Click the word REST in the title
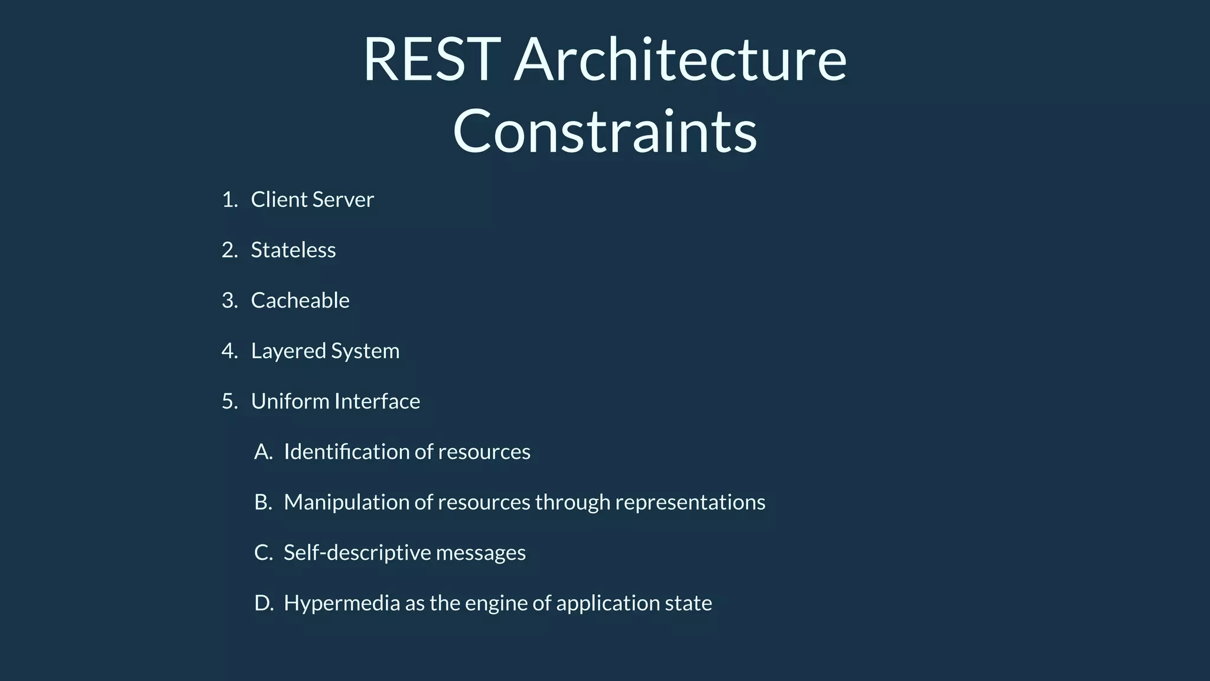coord(432,60)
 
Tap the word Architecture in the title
coord(680,60)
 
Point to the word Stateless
coord(293,250)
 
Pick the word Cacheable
coord(300,300)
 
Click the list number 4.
coord(229,351)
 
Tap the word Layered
coord(288,352)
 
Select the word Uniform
coord(290,401)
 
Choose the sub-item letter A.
coord(262,452)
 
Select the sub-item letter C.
coord(262,553)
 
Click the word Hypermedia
coord(341,604)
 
